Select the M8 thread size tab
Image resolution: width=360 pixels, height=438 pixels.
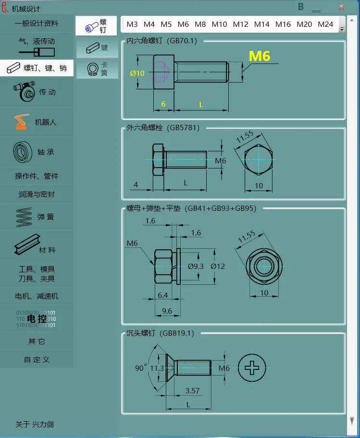(200, 24)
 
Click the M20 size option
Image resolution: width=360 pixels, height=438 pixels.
(304, 24)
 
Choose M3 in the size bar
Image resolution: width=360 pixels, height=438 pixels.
(132, 24)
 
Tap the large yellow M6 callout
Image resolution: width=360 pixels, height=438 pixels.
(260, 56)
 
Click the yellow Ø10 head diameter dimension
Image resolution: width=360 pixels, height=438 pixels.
(137, 73)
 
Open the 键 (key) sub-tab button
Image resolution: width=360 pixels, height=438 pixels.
(97, 48)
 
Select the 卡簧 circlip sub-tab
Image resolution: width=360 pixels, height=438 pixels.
(97, 69)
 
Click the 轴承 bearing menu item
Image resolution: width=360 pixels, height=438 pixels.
(37, 152)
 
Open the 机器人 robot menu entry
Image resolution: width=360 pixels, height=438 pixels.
(37, 122)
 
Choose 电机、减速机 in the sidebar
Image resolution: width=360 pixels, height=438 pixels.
(37, 296)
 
